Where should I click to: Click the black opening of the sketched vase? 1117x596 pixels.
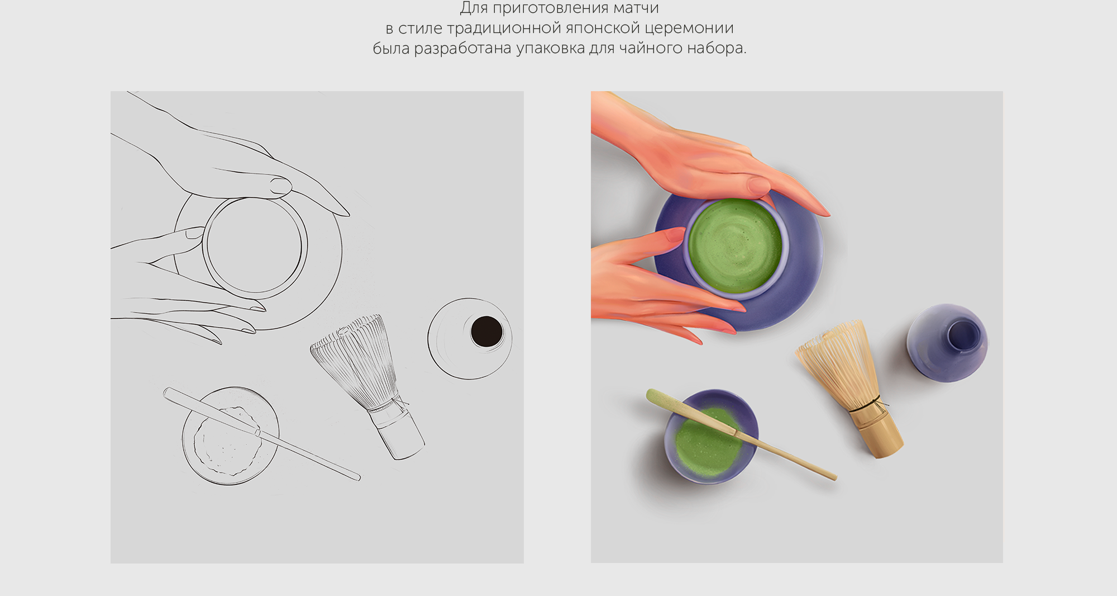[486, 331]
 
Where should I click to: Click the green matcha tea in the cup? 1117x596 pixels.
[734, 246]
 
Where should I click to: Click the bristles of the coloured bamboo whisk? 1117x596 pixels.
[835, 363]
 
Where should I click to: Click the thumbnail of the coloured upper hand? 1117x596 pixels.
[758, 185]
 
